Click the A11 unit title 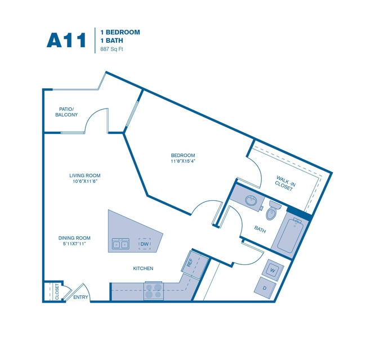pyautogui.click(x=66, y=40)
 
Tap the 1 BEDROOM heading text pyautogui.click(x=120, y=32)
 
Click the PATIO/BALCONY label pyautogui.click(x=66, y=112)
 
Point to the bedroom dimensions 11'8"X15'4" pyautogui.click(x=183, y=161)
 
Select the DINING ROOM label pyautogui.click(x=74, y=238)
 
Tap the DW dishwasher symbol pyautogui.click(x=144, y=244)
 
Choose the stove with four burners pyautogui.click(x=153, y=290)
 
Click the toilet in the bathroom pyautogui.click(x=273, y=211)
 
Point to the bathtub pyautogui.click(x=289, y=233)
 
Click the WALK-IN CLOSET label pyautogui.click(x=284, y=183)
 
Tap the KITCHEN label pyautogui.click(x=143, y=269)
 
